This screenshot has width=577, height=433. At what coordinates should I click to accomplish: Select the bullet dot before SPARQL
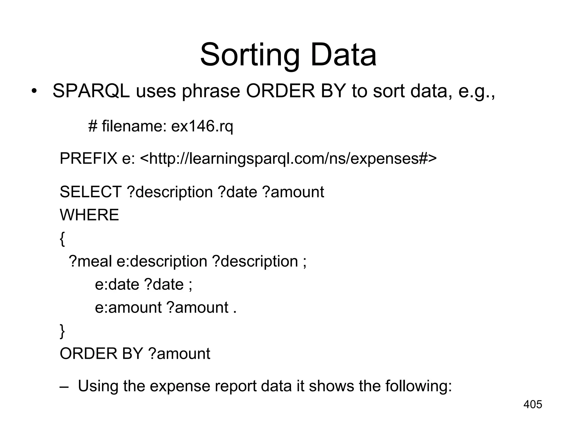click(x=34, y=91)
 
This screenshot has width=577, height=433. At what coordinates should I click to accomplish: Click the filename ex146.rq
click(x=202, y=126)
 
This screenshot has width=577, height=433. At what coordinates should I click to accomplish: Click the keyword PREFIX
click(x=88, y=158)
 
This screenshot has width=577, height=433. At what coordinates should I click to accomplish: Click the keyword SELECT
click(x=90, y=192)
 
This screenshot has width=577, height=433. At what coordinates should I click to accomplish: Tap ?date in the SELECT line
click(x=238, y=192)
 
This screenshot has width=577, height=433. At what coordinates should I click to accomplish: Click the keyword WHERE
click(x=89, y=215)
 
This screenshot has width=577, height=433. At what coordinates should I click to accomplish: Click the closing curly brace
click(x=62, y=331)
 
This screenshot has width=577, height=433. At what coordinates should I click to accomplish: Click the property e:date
click(x=117, y=284)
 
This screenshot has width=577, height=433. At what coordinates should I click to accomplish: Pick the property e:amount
click(x=128, y=307)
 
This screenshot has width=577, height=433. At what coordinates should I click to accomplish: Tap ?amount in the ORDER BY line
click(x=179, y=354)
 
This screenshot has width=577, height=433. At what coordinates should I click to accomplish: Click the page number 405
click(x=532, y=405)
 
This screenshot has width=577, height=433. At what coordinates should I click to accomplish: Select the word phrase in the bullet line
click(x=211, y=92)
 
